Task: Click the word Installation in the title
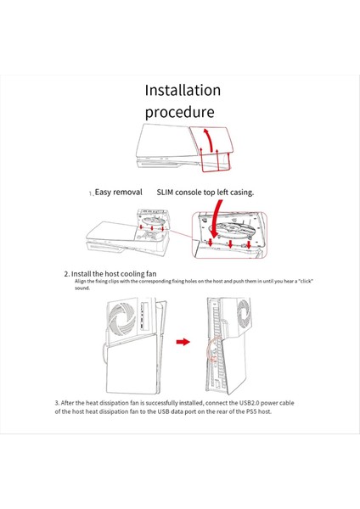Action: point(183,90)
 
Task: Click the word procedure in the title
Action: point(178,112)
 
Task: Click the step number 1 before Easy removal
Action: point(91,193)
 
